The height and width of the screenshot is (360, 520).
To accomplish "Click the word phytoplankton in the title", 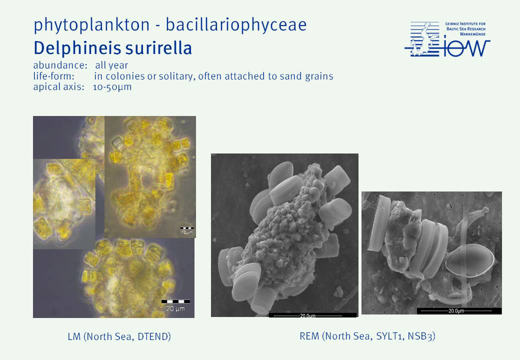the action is pos(91,25).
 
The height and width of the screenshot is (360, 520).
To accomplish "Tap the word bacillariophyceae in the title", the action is pos(236,24).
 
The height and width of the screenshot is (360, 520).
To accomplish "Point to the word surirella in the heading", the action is pos(154,48).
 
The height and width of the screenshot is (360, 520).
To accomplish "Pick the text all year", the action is pos(111,65).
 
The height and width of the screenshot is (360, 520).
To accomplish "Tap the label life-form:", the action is pos(53,76).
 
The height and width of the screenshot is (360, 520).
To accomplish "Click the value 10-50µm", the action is pos(112,87).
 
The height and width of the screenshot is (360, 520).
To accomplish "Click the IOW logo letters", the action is pos(466,48).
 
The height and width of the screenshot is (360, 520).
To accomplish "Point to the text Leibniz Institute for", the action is pos(465,24).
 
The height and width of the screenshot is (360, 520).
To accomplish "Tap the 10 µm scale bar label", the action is pos(187,232).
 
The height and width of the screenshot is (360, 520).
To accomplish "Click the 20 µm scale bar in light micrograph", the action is pos(176,301).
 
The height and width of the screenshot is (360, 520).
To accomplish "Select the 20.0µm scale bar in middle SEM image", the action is pos(312,315).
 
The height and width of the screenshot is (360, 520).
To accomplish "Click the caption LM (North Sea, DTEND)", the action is pos(119,337).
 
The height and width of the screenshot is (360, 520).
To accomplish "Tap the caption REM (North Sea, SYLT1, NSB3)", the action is pos(367,336).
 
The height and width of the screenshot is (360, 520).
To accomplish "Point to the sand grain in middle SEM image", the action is pos(282,232).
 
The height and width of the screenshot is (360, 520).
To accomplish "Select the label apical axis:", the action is pos(58,87).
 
